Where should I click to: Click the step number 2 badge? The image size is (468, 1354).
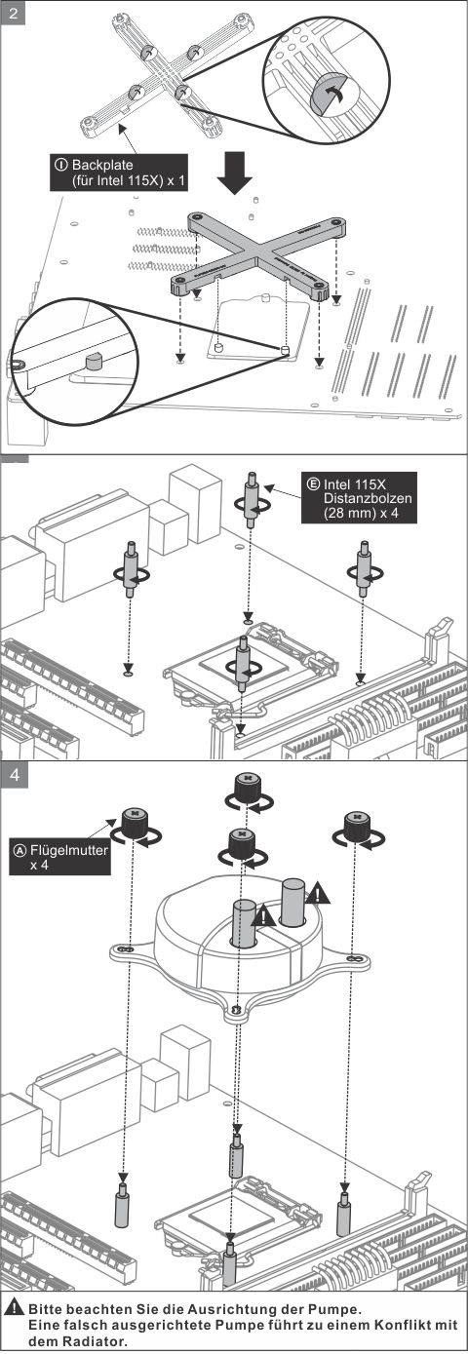point(14,13)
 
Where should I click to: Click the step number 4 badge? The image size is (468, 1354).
point(15,774)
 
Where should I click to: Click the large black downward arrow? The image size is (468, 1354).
point(235,172)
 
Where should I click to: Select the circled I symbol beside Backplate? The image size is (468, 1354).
point(61,165)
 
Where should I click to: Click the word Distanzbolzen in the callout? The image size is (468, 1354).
point(368,499)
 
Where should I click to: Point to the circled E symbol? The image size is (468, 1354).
point(313,484)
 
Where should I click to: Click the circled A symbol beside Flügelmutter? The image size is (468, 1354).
point(19,850)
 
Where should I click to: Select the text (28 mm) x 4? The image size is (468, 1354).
point(361,513)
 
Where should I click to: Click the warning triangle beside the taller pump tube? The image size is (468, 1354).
point(318,892)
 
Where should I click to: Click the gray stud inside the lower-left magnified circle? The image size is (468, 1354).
point(94,362)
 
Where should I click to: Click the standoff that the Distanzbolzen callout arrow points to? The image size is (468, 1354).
point(251,500)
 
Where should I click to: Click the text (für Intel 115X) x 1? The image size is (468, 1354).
point(128,180)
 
